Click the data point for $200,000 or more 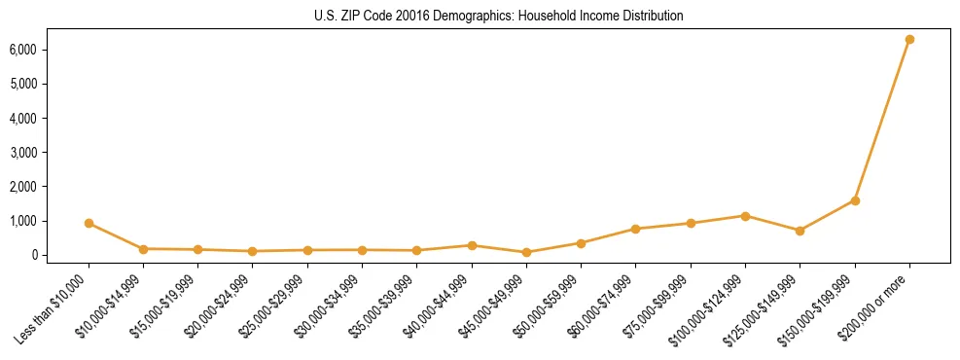909,39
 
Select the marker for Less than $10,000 89,223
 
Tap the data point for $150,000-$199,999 855,200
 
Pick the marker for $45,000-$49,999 526,252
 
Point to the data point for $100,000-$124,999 745,216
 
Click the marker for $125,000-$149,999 800,231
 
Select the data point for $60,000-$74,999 635,229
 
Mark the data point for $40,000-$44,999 472,245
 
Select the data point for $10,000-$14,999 143,249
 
